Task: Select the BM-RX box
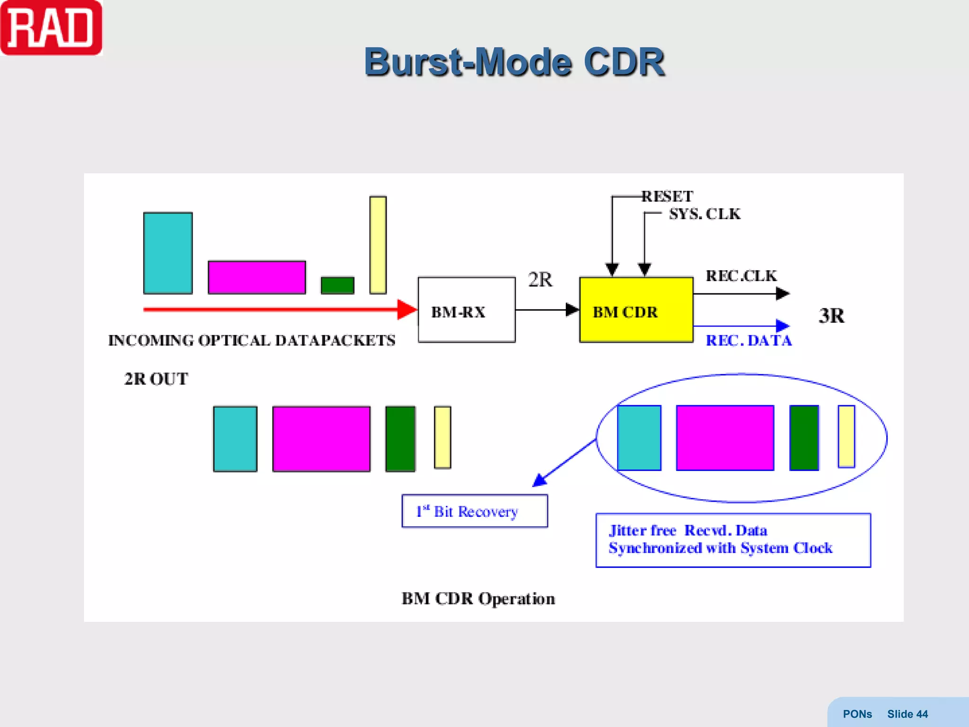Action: (466, 310)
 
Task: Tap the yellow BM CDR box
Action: (636, 310)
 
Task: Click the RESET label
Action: (667, 196)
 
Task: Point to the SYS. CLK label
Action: (704, 214)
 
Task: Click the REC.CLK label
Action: (741, 276)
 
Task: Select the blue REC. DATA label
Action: (749, 340)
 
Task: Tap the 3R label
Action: (831, 316)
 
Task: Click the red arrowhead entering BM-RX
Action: (406, 310)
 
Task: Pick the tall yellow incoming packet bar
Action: (378, 245)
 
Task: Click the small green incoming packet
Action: (337, 285)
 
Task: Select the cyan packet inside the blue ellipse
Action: (639, 438)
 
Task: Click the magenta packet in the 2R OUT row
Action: (321, 439)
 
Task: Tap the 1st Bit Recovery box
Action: (475, 511)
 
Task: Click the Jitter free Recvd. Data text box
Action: (732, 540)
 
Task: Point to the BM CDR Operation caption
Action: (478, 599)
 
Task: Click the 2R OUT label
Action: (156, 379)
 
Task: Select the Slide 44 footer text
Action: (907, 714)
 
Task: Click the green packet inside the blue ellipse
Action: (804, 438)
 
